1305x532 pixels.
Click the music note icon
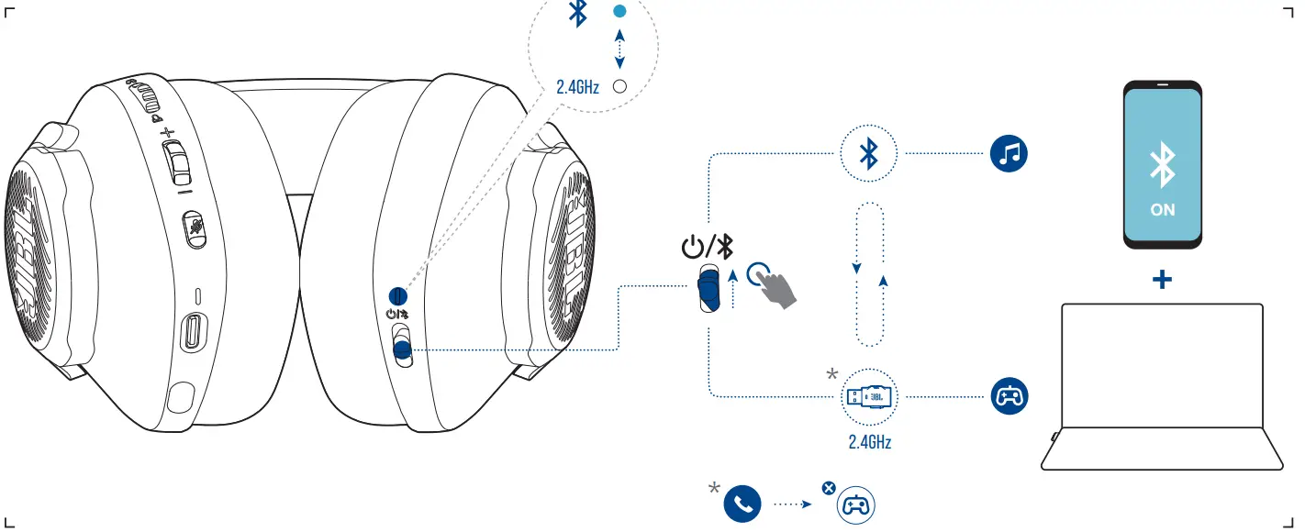1009,155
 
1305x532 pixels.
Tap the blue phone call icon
742,504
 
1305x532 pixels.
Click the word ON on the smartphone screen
1162,210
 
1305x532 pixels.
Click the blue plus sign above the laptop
1162,280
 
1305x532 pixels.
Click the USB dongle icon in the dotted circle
869,397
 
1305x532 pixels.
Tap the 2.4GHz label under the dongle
869,442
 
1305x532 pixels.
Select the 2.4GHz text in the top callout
577,88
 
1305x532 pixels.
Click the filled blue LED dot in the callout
619,12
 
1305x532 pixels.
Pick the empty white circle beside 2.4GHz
619,87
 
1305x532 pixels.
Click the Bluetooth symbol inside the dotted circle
868,154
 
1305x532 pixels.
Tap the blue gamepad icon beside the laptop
1009,397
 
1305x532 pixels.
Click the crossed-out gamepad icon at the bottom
855,504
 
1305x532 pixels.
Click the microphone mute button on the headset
194,228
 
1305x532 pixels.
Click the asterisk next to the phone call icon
714,488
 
